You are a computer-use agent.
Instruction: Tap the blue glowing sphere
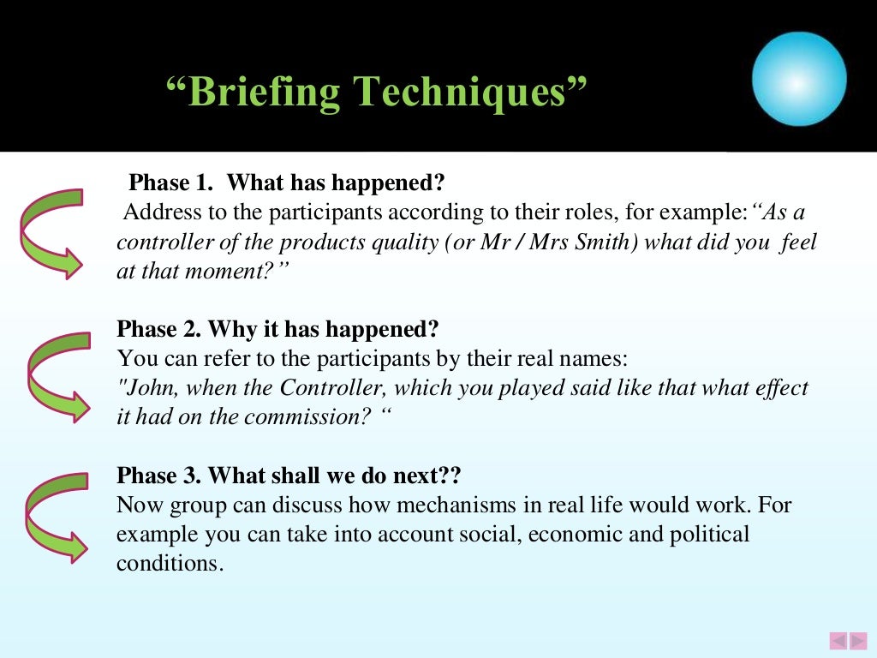(x=798, y=80)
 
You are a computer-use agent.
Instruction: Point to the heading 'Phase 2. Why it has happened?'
(x=277, y=329)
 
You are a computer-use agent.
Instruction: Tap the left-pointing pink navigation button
(x=838, y=640)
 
